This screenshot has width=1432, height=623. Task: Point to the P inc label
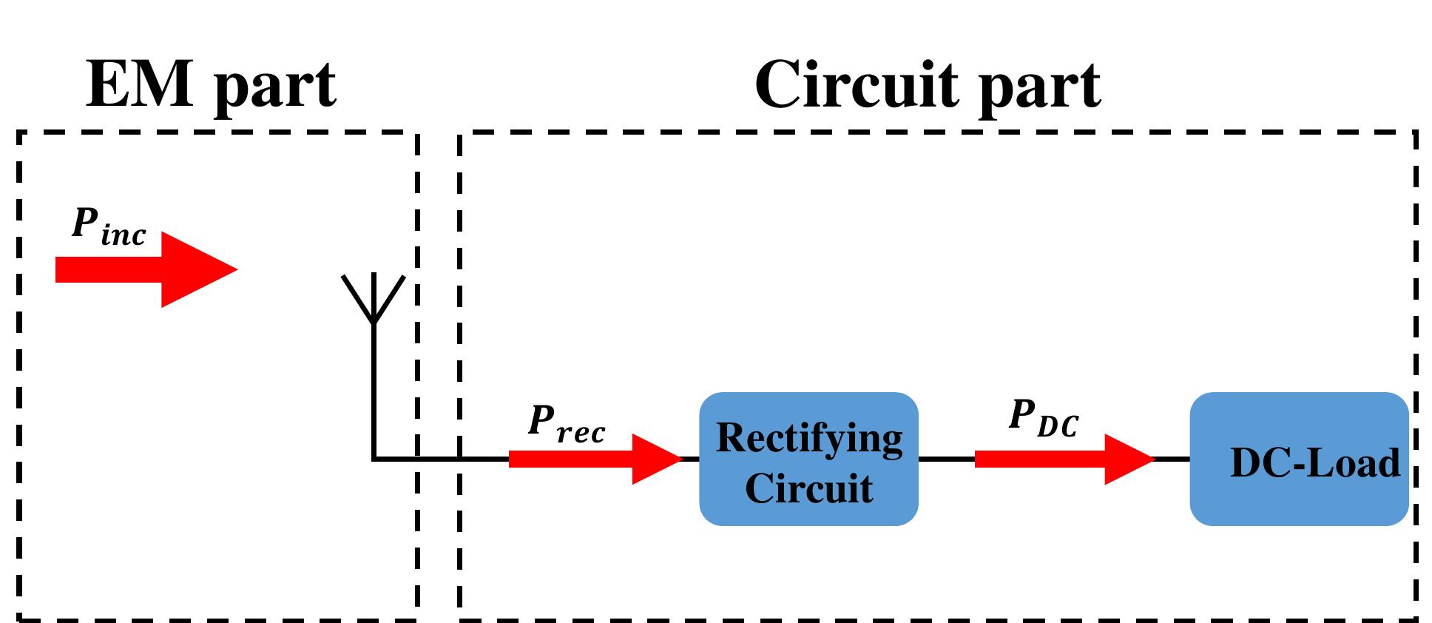108,226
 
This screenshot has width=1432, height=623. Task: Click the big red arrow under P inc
148,269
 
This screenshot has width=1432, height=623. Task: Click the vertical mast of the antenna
374,392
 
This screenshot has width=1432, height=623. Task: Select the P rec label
566,424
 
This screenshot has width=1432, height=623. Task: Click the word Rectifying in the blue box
809,438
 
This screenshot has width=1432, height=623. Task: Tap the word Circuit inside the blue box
808,488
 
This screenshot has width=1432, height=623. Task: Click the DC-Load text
1314,464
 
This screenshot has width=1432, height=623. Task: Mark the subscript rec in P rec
581,434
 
